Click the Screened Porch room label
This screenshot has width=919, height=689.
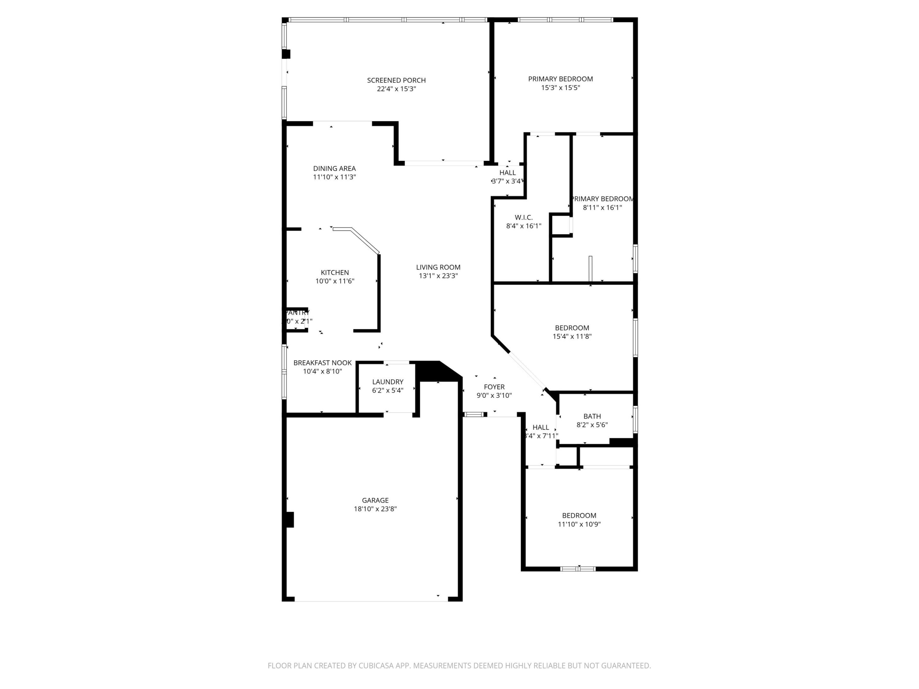(396, 80)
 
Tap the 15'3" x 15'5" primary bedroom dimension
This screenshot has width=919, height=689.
(560, 88)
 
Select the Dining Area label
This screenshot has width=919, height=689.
(334, 168)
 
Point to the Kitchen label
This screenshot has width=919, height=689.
(334, 272)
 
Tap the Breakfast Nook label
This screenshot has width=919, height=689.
(322, 363)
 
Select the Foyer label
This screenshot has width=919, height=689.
(494, 387)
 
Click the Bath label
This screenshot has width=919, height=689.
(592, 416)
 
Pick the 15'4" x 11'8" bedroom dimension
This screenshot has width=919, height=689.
(572, 337)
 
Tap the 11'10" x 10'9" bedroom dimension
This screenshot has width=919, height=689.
(579, 524)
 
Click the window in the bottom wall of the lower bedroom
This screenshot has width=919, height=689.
(578, 568)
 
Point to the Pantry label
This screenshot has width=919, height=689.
(297, 313)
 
